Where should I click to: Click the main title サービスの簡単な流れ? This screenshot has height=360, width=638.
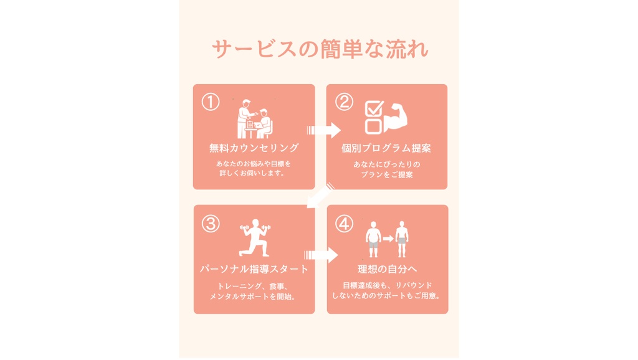pos(320,49)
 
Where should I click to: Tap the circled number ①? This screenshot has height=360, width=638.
pos(211,102)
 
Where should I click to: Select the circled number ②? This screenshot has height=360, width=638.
pos(344,102)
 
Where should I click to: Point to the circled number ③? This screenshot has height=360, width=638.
pos(211,224)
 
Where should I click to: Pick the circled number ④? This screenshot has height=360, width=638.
pos(344,224)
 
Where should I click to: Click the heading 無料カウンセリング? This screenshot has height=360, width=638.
pos(254,148)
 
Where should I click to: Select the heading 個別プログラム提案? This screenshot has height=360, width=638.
pos(386,148)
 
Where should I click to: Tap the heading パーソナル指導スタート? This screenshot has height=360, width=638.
pos(254,269)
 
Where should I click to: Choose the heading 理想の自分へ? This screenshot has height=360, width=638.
pos(387,269)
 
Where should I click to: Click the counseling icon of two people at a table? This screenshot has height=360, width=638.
pos(255,119)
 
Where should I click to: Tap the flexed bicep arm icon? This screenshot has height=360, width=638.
pos(396,118)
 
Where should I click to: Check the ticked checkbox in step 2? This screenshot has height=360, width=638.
pos(374,108)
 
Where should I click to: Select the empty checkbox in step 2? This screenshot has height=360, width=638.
pos(373,126)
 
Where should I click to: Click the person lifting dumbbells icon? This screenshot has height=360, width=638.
pos(255,238)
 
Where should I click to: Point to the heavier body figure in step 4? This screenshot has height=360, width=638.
pos(373,239)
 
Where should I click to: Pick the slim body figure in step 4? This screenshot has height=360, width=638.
pos(402,239)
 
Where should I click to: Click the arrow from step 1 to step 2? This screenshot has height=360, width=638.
pos(324,130)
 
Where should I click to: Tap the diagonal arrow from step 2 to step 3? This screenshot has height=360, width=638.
pos(321,196)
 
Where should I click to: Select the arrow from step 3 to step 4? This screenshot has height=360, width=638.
pos(321,255)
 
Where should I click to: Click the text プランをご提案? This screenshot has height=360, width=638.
pos(387,174)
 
